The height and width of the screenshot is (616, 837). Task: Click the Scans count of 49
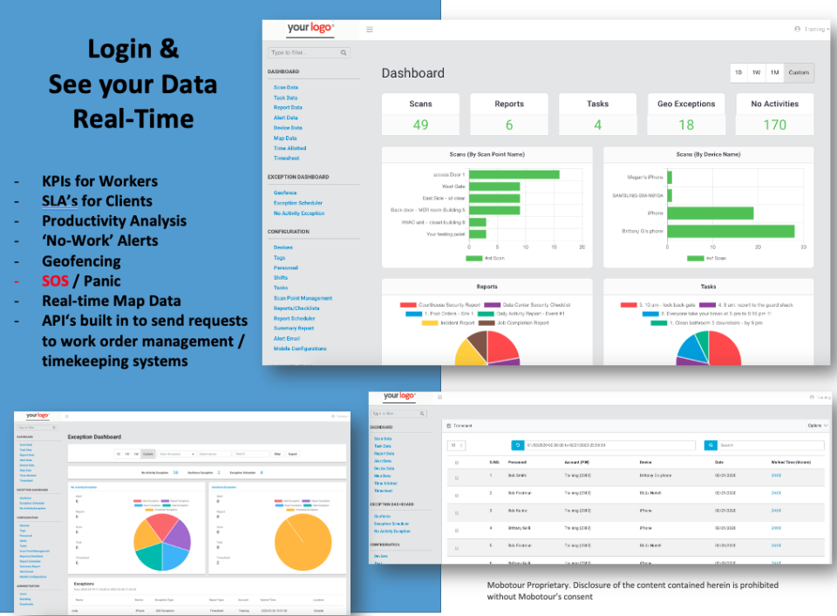pyautogui.click(x=420, y=125)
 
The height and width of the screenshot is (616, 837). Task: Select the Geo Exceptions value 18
pyautogui.click(x=686, y=125)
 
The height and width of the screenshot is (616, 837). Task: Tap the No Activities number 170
pyautogui.click(x=774, y=125)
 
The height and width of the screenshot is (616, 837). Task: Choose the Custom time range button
pyautogui.click(x=799, y=72)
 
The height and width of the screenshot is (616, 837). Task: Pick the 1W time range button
pyautogui.click(x=756, y=72)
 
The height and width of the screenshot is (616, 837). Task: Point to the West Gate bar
pyautogui.click(x=493, y=186)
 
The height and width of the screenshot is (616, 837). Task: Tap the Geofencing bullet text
pyautogui.click(x=81, y=261)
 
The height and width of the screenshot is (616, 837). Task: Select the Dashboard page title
pyautogui.click(x=412, y=73)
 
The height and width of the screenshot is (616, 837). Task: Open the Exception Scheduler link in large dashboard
pyautogui.click(x=297, y=203)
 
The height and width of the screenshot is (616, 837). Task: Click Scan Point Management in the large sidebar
pyautogui.click(x=303, y=298)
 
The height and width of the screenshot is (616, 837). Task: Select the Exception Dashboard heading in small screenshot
pyautogui.click(x=94, y=437)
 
